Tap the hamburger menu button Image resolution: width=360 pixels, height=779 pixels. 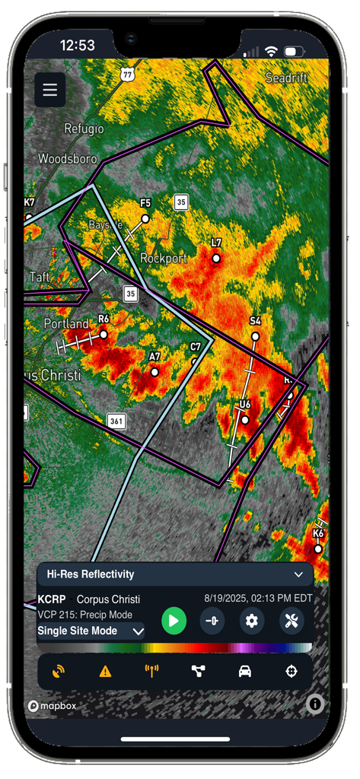(x=50, y=90)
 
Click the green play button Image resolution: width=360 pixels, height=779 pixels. (x=174, y=621)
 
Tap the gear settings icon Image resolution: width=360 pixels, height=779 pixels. (x=252, y=621)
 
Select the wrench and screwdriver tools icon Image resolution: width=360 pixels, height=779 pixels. (x=292, y=621)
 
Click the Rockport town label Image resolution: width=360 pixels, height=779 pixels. (x=164, y=259)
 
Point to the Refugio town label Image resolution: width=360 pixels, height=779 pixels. (x=84, y=129)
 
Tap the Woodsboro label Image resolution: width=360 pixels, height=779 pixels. (x=68, y=159)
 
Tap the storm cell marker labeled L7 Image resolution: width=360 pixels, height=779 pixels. (x=216, y=259)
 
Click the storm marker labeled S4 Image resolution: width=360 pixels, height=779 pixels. (x=255, y=336)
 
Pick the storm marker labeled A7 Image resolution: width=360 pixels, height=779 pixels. (x=155, y=372)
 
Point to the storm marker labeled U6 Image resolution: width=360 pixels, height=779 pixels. (x=245, y=419)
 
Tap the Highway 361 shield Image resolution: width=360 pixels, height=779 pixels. (x=116, y=420)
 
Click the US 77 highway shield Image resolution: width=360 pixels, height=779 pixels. (x=127, y=73)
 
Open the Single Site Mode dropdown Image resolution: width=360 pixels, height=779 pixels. (x=91, y=631)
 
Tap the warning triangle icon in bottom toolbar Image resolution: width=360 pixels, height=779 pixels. (x=105, y=671)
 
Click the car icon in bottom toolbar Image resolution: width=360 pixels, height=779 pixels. (x=244, y=671)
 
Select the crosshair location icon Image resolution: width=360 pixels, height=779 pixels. (x=291, y=671)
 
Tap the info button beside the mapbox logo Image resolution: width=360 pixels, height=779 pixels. (x=315, y=705)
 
